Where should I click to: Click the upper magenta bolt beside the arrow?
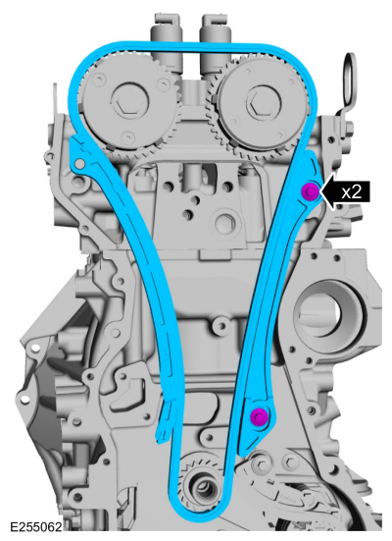click(x=310, y=191)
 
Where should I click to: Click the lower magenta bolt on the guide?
click(x=260, y=415)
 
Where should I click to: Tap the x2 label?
click(x=352, y=191)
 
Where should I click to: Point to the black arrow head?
click(x=328, y=191)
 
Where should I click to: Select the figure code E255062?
click(x=36, y=527)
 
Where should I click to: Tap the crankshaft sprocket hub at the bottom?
click(x=203, y=487)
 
